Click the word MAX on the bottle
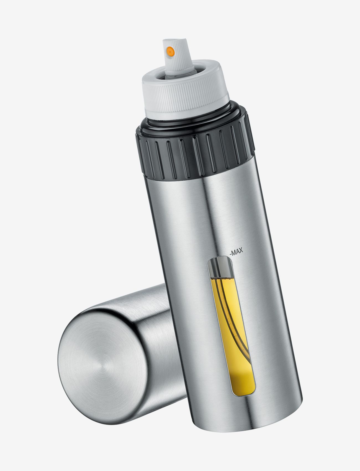coord(236,252)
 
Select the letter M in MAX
coord(233,252)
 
